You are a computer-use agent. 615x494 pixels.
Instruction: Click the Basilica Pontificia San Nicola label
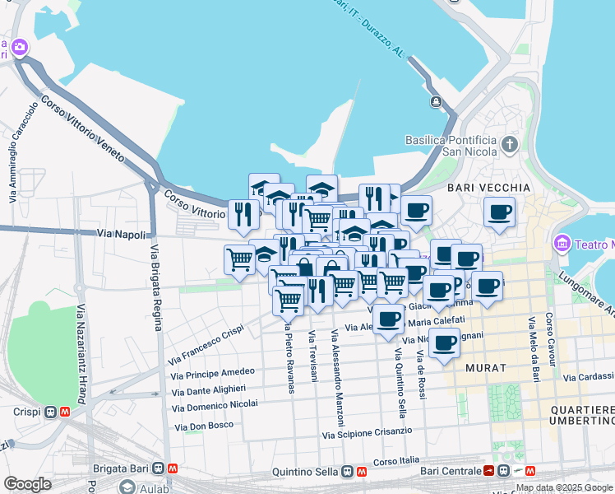pyautogui.click(x=451, y=146)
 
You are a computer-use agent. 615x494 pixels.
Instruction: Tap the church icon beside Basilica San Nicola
pyautogui.click(x=510, y=146)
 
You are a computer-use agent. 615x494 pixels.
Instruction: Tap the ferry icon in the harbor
pyautogui.click(x=435, y=102)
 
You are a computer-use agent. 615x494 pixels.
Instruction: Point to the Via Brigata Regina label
pyautogui.click(x=155, y=287)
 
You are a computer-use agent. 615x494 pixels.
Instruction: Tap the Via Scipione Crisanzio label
pyautogui.click(x=367, y=432)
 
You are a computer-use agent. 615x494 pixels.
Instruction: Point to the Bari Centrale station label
pyautogui.click(x=450, y=471)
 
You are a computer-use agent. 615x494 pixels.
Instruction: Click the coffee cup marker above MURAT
pyautogui.click(x=444, y=343)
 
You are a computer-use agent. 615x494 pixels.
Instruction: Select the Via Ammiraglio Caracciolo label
pyautogui.click(x=23, y=152)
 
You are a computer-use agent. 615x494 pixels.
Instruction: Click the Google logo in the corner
pyautogui.click(x=27, y=484)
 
